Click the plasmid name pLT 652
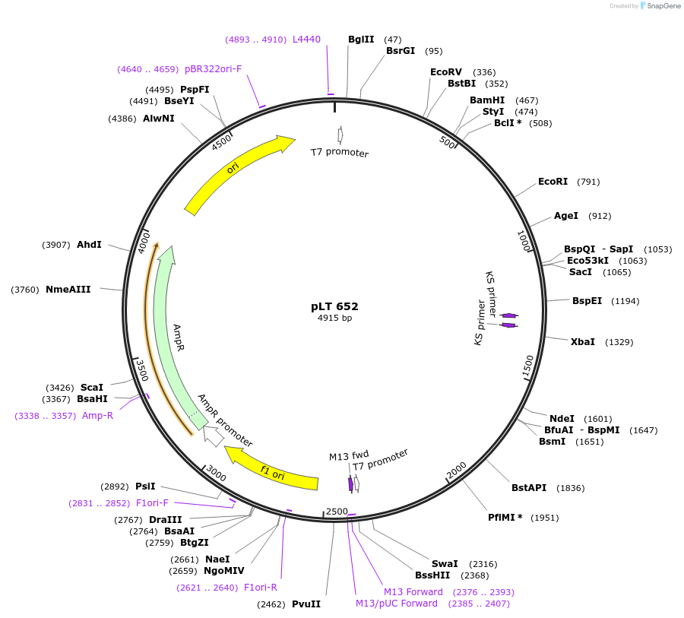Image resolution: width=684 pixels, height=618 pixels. click(334, 306)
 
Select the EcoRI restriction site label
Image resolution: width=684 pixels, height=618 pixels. click(553, 182)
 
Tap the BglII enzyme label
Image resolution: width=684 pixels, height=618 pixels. click(361, 40)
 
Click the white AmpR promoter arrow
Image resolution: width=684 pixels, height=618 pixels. click(214, 436)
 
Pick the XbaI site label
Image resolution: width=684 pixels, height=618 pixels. click(583, 342)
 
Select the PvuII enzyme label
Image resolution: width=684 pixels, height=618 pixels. click(306, 604)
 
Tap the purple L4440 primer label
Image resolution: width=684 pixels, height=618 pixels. click(306, 40)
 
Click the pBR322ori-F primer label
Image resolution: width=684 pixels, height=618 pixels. click(213, 69)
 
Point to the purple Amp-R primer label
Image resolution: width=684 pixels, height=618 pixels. click(97, 416)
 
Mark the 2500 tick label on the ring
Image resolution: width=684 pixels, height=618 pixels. click(336, 512)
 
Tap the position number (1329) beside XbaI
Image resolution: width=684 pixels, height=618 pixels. click(619, 342)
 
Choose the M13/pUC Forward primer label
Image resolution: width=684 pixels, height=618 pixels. click(397, 604)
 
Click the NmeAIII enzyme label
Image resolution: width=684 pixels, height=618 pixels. click(68, 290)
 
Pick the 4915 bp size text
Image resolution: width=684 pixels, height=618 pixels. click(334, 319)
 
